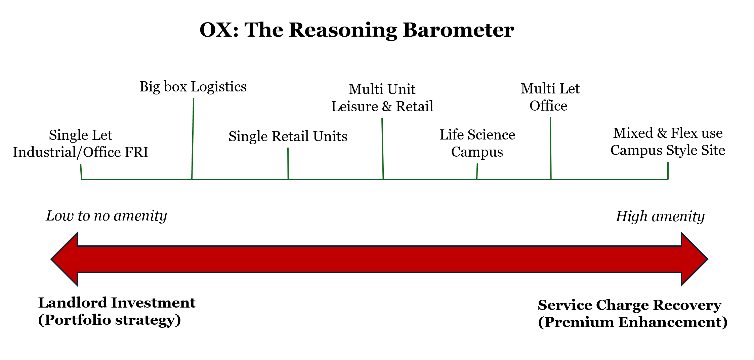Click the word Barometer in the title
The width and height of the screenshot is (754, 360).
pos(458,30)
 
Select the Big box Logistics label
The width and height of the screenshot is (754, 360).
pos(193,87)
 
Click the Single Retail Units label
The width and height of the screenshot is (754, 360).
pos(288,136)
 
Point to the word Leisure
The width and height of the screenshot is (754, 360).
pos(355,107)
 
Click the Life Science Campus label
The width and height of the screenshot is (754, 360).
pos(477,143)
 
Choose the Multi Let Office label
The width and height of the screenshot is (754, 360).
pos(550,97)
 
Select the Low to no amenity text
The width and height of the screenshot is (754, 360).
pos(106,216)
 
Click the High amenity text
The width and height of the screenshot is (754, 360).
pos(660,216)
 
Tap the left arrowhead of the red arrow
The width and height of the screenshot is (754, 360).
pos(64,259)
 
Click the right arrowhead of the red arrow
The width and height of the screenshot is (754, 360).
pos(695,259)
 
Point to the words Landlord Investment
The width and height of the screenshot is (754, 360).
pos(117,303)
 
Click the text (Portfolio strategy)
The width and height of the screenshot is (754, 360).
pos(110,320)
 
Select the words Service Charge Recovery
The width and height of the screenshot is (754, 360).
pos(629,305)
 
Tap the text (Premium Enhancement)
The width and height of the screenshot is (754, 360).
pos(633,322)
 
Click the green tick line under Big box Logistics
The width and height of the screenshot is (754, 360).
pos(193,138)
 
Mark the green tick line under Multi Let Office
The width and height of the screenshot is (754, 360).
pos(551,148)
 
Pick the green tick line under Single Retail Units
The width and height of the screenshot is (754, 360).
pos(288,163)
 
